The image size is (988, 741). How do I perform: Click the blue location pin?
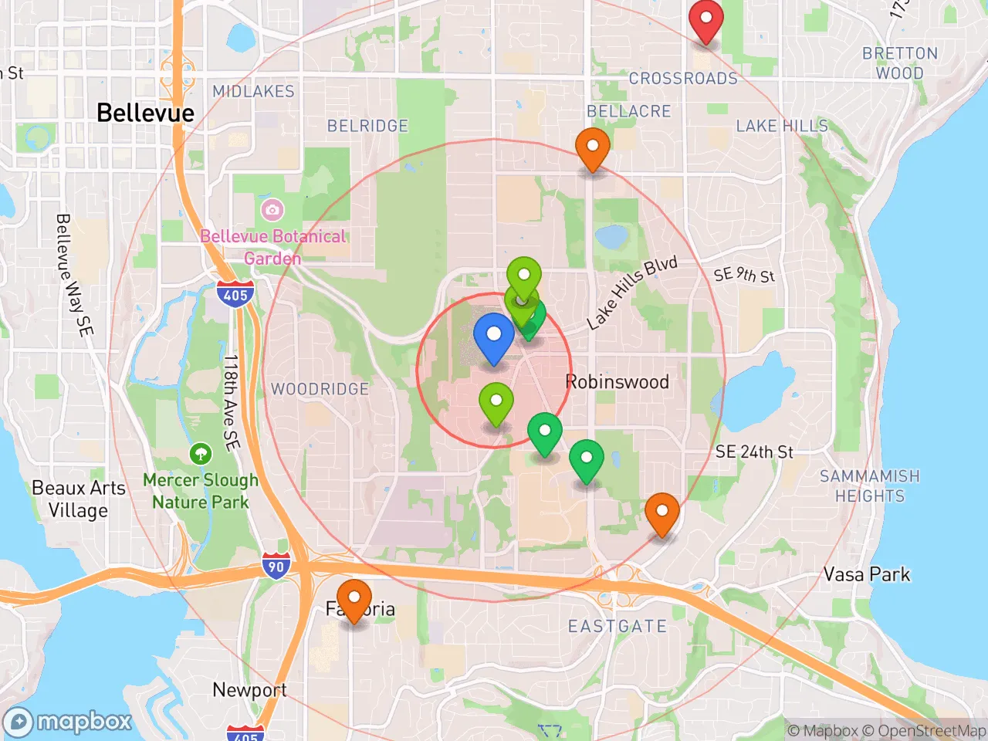(x=493, y=337)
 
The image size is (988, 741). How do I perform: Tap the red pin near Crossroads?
(x=705, y=20)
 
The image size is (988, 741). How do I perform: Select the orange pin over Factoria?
(x=354, y=599)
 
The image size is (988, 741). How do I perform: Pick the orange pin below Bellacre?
(x=592, y=147)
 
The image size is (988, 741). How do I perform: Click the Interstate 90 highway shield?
(x=276, y=566)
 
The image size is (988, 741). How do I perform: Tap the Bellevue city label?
(x=145, y=113)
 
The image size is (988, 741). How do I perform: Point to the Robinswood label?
(x=617, y=381)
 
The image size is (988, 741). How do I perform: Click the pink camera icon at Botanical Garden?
(x=272, y=209)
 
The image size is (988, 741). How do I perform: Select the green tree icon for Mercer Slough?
(x=201, y=453)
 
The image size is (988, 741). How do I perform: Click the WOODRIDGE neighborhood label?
(x=320, y=389)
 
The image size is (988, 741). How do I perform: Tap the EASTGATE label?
(x=617, y=626)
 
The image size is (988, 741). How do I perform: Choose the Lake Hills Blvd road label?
(x=631, y=293)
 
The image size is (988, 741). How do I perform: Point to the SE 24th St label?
(x=753, y=452)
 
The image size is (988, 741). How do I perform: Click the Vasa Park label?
(x=866, y=574)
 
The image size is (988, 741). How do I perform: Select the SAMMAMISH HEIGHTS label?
(x=869, y=486)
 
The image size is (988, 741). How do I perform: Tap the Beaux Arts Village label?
(x=78, y=499)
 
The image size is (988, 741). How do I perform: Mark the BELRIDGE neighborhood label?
(x=367, y=126)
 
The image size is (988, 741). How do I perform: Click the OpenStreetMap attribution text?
(x=931, y=730)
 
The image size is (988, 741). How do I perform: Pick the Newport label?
(x=249, y=689)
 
